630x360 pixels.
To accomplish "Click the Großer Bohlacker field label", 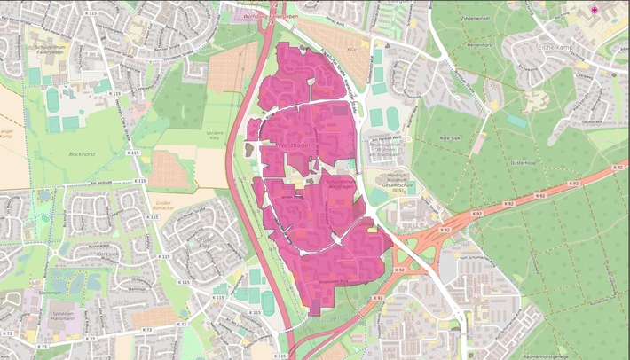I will point(161,207).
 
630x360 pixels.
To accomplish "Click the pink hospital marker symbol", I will point(595,10).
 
